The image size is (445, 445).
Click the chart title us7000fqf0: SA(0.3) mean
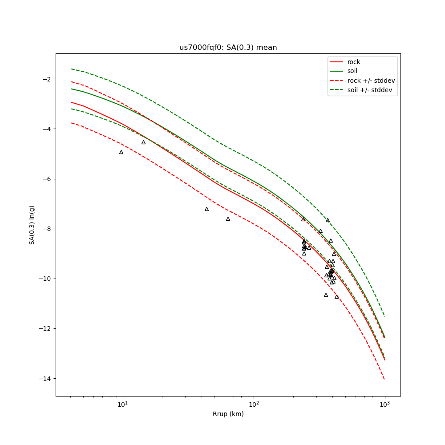228,48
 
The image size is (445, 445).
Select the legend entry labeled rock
354,62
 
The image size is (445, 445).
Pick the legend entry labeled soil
352,71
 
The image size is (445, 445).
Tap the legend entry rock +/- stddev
371,81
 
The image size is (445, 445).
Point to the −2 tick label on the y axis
46,79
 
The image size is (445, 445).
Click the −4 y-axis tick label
46,129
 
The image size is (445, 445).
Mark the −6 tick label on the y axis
46,179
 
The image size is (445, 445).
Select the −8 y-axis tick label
46,229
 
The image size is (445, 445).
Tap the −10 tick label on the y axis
44,279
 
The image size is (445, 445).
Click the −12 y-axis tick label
44,328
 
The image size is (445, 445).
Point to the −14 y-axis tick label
44,379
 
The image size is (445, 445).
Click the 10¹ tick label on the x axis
122,404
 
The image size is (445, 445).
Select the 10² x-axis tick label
254,404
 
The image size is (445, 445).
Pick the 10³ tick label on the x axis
385,404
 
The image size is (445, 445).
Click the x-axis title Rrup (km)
228,414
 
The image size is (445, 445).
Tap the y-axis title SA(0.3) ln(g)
32,225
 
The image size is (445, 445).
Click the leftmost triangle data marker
121,152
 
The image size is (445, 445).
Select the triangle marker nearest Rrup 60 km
228,219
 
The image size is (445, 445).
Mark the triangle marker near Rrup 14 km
143,142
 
